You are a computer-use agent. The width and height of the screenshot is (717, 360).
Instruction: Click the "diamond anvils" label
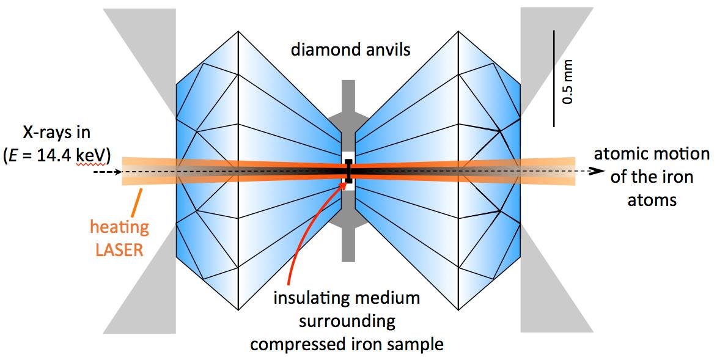point(351,49)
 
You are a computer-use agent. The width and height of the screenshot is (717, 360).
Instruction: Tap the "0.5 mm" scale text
point(567,81)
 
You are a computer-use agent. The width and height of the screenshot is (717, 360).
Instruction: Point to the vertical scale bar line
point(554,78)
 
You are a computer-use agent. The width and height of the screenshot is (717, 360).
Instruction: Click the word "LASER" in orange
point(119,250)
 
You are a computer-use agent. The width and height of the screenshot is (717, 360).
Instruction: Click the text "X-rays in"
point(57,133)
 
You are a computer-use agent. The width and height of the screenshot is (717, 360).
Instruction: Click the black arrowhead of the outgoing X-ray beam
point(594,171)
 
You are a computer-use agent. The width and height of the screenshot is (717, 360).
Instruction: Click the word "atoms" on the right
point(652,200)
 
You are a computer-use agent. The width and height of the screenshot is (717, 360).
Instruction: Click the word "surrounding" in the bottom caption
point(347,321)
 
